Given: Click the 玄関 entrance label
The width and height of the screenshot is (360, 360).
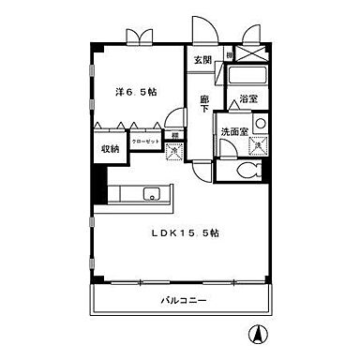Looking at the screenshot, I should pos(202,60).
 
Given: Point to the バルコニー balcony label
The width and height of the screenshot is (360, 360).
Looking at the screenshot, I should pos(183,300).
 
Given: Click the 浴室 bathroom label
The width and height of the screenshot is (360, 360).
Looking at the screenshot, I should pos(248,98).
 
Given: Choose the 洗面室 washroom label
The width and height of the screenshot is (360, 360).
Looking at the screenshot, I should pos(234,131).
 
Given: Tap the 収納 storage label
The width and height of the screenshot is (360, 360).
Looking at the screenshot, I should pos(111,148).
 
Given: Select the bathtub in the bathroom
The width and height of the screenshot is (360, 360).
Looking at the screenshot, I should pos(247,75).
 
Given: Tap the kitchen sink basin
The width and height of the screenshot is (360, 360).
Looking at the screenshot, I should pos(154,196).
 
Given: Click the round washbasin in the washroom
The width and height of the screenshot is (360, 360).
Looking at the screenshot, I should pos(260,123).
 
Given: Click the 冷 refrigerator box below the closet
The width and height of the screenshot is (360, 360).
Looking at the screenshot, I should pos(173,148).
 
